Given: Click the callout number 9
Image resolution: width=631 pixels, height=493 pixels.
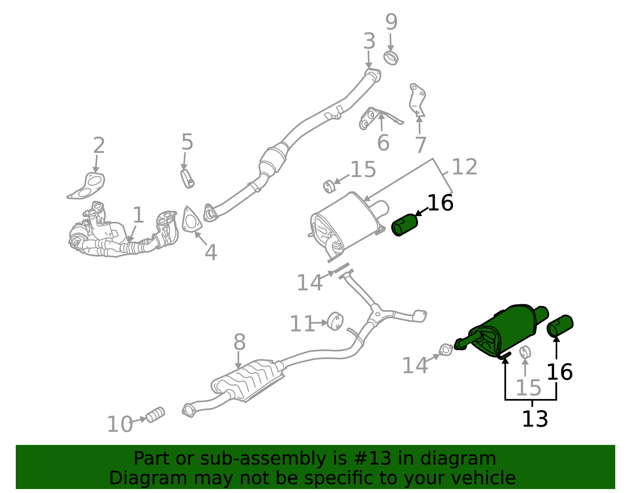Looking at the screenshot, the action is click(x=391, y=22).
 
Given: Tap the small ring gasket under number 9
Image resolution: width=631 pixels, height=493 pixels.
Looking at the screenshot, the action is click(x=390, y=58).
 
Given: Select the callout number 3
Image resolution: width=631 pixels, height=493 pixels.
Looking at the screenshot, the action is click(x=369, y=41).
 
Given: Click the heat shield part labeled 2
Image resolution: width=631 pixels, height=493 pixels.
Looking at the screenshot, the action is click(x=86, y=186).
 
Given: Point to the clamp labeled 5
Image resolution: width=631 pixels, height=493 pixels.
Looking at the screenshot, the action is click(x=187, y=178).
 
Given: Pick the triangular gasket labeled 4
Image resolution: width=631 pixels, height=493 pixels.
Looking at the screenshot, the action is click(x=192, y=220).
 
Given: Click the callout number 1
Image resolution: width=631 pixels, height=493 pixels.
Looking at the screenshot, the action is click(x=138, y=215).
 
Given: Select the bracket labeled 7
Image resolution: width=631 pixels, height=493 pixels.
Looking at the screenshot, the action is click(x=417, y=99).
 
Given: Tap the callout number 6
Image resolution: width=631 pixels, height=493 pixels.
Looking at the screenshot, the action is click(x=383, y=143).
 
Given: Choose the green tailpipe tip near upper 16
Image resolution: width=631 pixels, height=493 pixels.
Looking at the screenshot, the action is click(x=405, y=225).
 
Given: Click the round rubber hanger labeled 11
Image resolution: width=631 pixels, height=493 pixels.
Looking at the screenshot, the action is click(x=335, y=321).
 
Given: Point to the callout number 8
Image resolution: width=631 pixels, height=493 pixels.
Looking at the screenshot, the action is click(x=239, y=342).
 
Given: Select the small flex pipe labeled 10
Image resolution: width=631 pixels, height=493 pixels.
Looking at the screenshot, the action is click(x=155, y=414).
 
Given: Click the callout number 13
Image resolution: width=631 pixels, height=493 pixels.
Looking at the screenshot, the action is click(x=535, y=419).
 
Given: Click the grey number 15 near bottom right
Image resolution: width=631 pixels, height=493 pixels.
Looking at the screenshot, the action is click(x=528, y=388).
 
